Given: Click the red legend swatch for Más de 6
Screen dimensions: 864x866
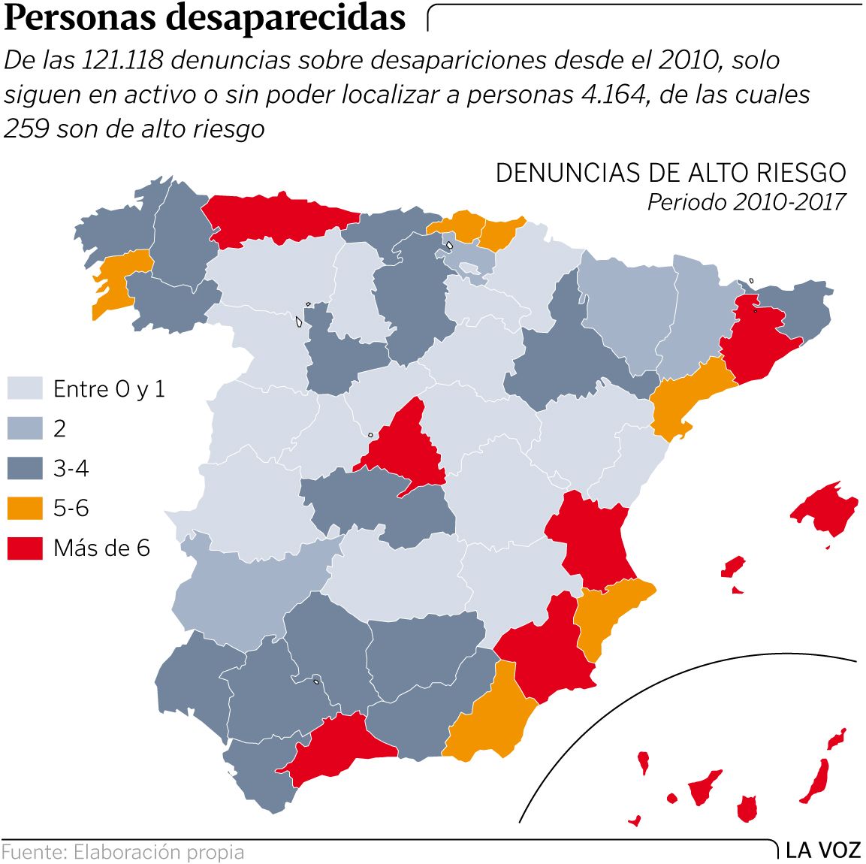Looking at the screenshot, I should pos(25,548).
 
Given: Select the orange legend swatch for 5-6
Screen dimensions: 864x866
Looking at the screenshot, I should pos(25,509).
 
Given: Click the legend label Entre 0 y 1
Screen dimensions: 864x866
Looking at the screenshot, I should pos(109,388).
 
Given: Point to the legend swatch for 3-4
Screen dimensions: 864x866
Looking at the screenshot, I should pos(25,469).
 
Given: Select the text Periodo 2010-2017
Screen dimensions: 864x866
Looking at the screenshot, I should pos(747,201).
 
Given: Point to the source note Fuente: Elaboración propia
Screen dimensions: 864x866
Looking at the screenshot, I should pos(123,853).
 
